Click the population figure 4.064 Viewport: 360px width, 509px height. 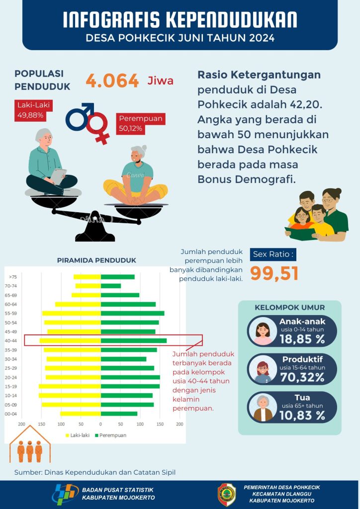(112, 81)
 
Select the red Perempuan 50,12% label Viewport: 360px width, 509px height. (141, 124)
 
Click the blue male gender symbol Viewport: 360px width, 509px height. (80, 117)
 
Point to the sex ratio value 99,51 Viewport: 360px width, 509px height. (274, 273)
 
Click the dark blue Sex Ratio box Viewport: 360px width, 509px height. (273, 254)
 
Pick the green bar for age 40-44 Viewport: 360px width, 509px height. (133, 340)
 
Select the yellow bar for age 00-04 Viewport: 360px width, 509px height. (81, 414)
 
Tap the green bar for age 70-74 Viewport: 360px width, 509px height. (110, 286)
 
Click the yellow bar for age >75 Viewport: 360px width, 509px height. (87, 277)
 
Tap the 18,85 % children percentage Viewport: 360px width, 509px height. (302, 339)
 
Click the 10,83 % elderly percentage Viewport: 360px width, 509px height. (302, 416)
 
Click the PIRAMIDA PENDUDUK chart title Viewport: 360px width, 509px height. (96, 260)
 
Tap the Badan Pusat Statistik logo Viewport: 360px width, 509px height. (65, 494)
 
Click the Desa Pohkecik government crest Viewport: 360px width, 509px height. (227, 494)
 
